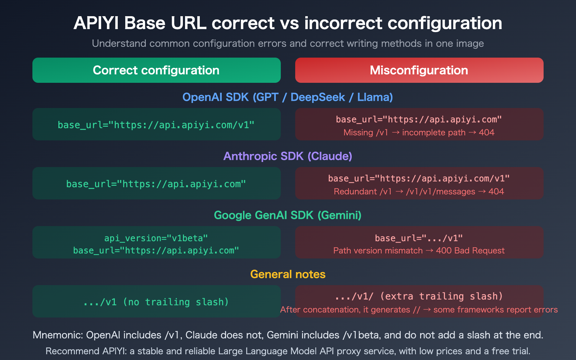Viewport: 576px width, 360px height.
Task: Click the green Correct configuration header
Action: point(156,70)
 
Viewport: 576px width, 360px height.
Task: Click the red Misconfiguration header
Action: point(419,70)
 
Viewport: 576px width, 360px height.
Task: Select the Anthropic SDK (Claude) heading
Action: point(288,156)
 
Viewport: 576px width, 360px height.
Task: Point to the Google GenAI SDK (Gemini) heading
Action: point(288,215)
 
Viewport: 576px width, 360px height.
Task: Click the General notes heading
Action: point(288,274)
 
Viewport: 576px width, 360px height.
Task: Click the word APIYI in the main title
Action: point(96,23)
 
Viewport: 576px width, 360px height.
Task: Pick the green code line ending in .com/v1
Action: point(156,125)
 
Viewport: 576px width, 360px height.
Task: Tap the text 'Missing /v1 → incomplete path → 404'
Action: point(419,132)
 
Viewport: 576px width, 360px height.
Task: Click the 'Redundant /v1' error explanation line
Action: point(419,192)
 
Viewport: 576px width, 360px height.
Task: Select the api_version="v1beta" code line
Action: point(156,238)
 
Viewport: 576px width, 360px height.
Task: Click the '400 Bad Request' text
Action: point(470,251)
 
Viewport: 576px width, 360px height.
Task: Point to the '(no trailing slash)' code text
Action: point(176,302)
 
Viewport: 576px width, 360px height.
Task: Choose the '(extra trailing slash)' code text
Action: point(441,296)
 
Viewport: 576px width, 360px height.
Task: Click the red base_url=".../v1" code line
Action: point(419,238)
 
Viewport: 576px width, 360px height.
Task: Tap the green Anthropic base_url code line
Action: point(156,184)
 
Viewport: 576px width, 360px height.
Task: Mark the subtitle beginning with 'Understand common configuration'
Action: point(288,44)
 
